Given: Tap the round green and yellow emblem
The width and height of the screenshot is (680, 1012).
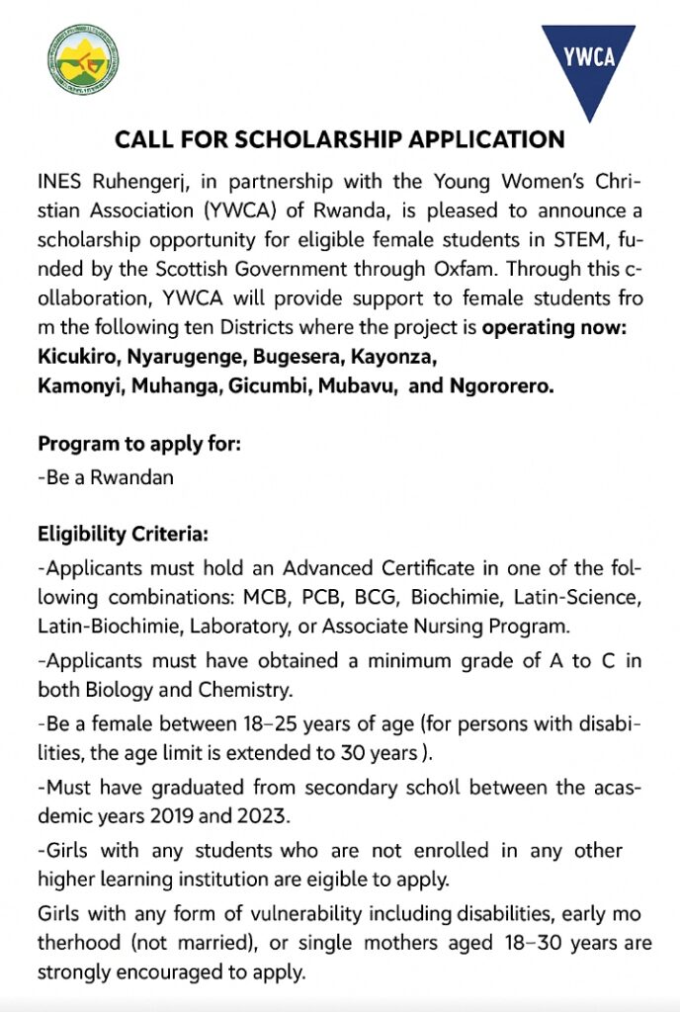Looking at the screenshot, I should pos(84,60).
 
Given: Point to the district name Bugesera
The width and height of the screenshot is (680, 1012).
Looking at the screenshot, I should pos(287,356).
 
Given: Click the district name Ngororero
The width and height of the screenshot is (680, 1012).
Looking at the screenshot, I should pos(503,385).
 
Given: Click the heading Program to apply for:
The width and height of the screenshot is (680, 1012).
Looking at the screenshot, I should pos(139,444).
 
